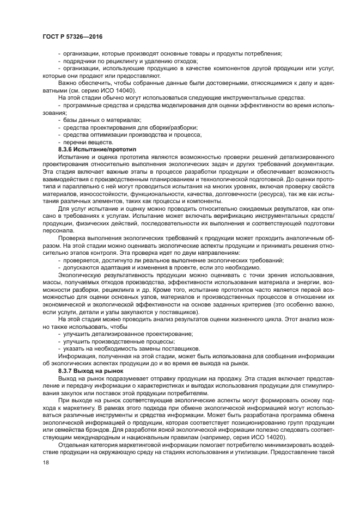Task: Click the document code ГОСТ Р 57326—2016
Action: tap(72, 36)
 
